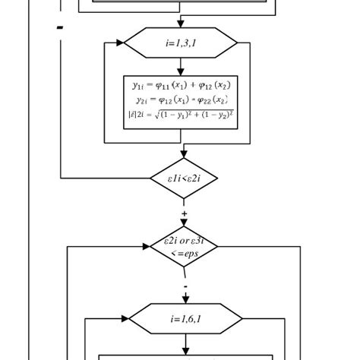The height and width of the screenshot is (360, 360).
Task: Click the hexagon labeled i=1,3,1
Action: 181,43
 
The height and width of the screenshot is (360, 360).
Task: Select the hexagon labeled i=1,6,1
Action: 185,319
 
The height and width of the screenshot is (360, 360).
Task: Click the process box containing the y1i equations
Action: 181,101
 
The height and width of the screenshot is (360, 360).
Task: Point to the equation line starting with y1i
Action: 181,86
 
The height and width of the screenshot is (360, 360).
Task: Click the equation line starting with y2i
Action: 181,99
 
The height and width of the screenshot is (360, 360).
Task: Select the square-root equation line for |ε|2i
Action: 181,115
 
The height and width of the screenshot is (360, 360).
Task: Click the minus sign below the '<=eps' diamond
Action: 185,286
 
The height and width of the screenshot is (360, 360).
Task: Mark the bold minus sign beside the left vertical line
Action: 59,28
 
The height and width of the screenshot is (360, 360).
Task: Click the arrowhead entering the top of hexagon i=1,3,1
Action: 181,24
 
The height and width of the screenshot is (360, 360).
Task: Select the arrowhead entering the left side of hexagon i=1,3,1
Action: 119,43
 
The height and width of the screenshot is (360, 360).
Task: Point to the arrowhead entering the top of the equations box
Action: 181,71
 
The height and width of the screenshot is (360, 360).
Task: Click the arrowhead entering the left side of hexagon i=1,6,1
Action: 125,319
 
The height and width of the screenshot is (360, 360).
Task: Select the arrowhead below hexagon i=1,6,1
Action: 185,350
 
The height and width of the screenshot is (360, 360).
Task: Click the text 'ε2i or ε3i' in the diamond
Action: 184,241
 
